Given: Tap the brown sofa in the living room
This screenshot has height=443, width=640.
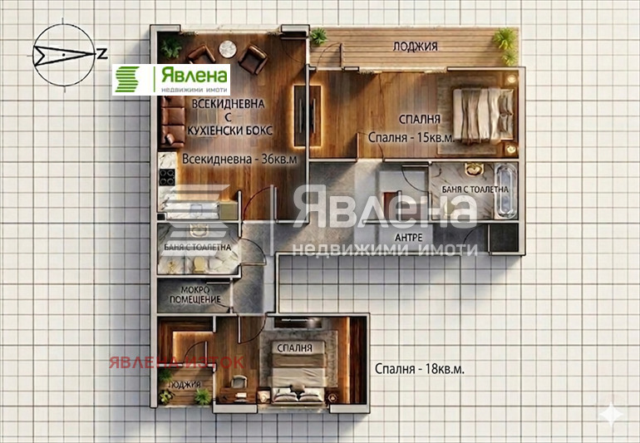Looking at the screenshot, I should pyautogui.click(x=172, y=121).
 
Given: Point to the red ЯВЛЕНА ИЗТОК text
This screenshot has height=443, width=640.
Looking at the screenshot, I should pyautogui.click(x=175, y=362).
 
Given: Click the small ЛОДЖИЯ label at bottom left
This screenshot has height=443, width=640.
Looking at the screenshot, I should pyautogui.click(x=184, y=385).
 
